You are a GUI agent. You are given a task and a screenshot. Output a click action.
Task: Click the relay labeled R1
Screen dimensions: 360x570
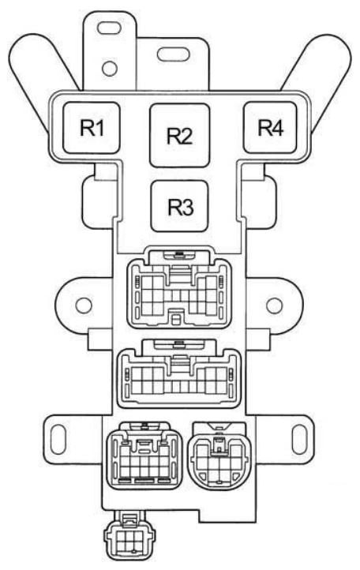click(x=92, y=128)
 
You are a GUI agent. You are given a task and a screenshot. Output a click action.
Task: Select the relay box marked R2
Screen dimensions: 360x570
click(x=180, y=135)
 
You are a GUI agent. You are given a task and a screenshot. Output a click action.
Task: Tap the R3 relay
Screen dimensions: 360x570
click(x=180, y=206)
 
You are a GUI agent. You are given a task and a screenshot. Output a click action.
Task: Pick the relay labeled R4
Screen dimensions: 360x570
click(x=270, y=127)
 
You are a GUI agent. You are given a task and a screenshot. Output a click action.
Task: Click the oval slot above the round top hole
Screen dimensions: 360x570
click(x=109, y=28)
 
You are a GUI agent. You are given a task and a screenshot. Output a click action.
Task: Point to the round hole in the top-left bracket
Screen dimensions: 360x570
click(x=109, y=69)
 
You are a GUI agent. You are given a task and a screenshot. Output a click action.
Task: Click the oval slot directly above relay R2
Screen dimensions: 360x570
click(x=173, y=54)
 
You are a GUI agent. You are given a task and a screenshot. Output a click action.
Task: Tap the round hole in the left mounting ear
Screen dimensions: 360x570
click(x=84, y=306)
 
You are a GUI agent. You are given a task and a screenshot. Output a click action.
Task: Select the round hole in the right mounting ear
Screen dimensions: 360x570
click(x=275, y=306)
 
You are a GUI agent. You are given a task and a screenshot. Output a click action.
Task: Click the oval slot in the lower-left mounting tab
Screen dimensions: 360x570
click(x=58, y=439)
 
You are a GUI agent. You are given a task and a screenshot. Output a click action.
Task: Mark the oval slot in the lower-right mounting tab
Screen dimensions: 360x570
click(x=300, y=439)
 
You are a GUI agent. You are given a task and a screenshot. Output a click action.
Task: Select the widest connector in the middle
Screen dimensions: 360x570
click(x=179, y=376)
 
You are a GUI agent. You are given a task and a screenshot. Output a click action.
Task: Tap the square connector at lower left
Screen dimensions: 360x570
click(x=144, y=456)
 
